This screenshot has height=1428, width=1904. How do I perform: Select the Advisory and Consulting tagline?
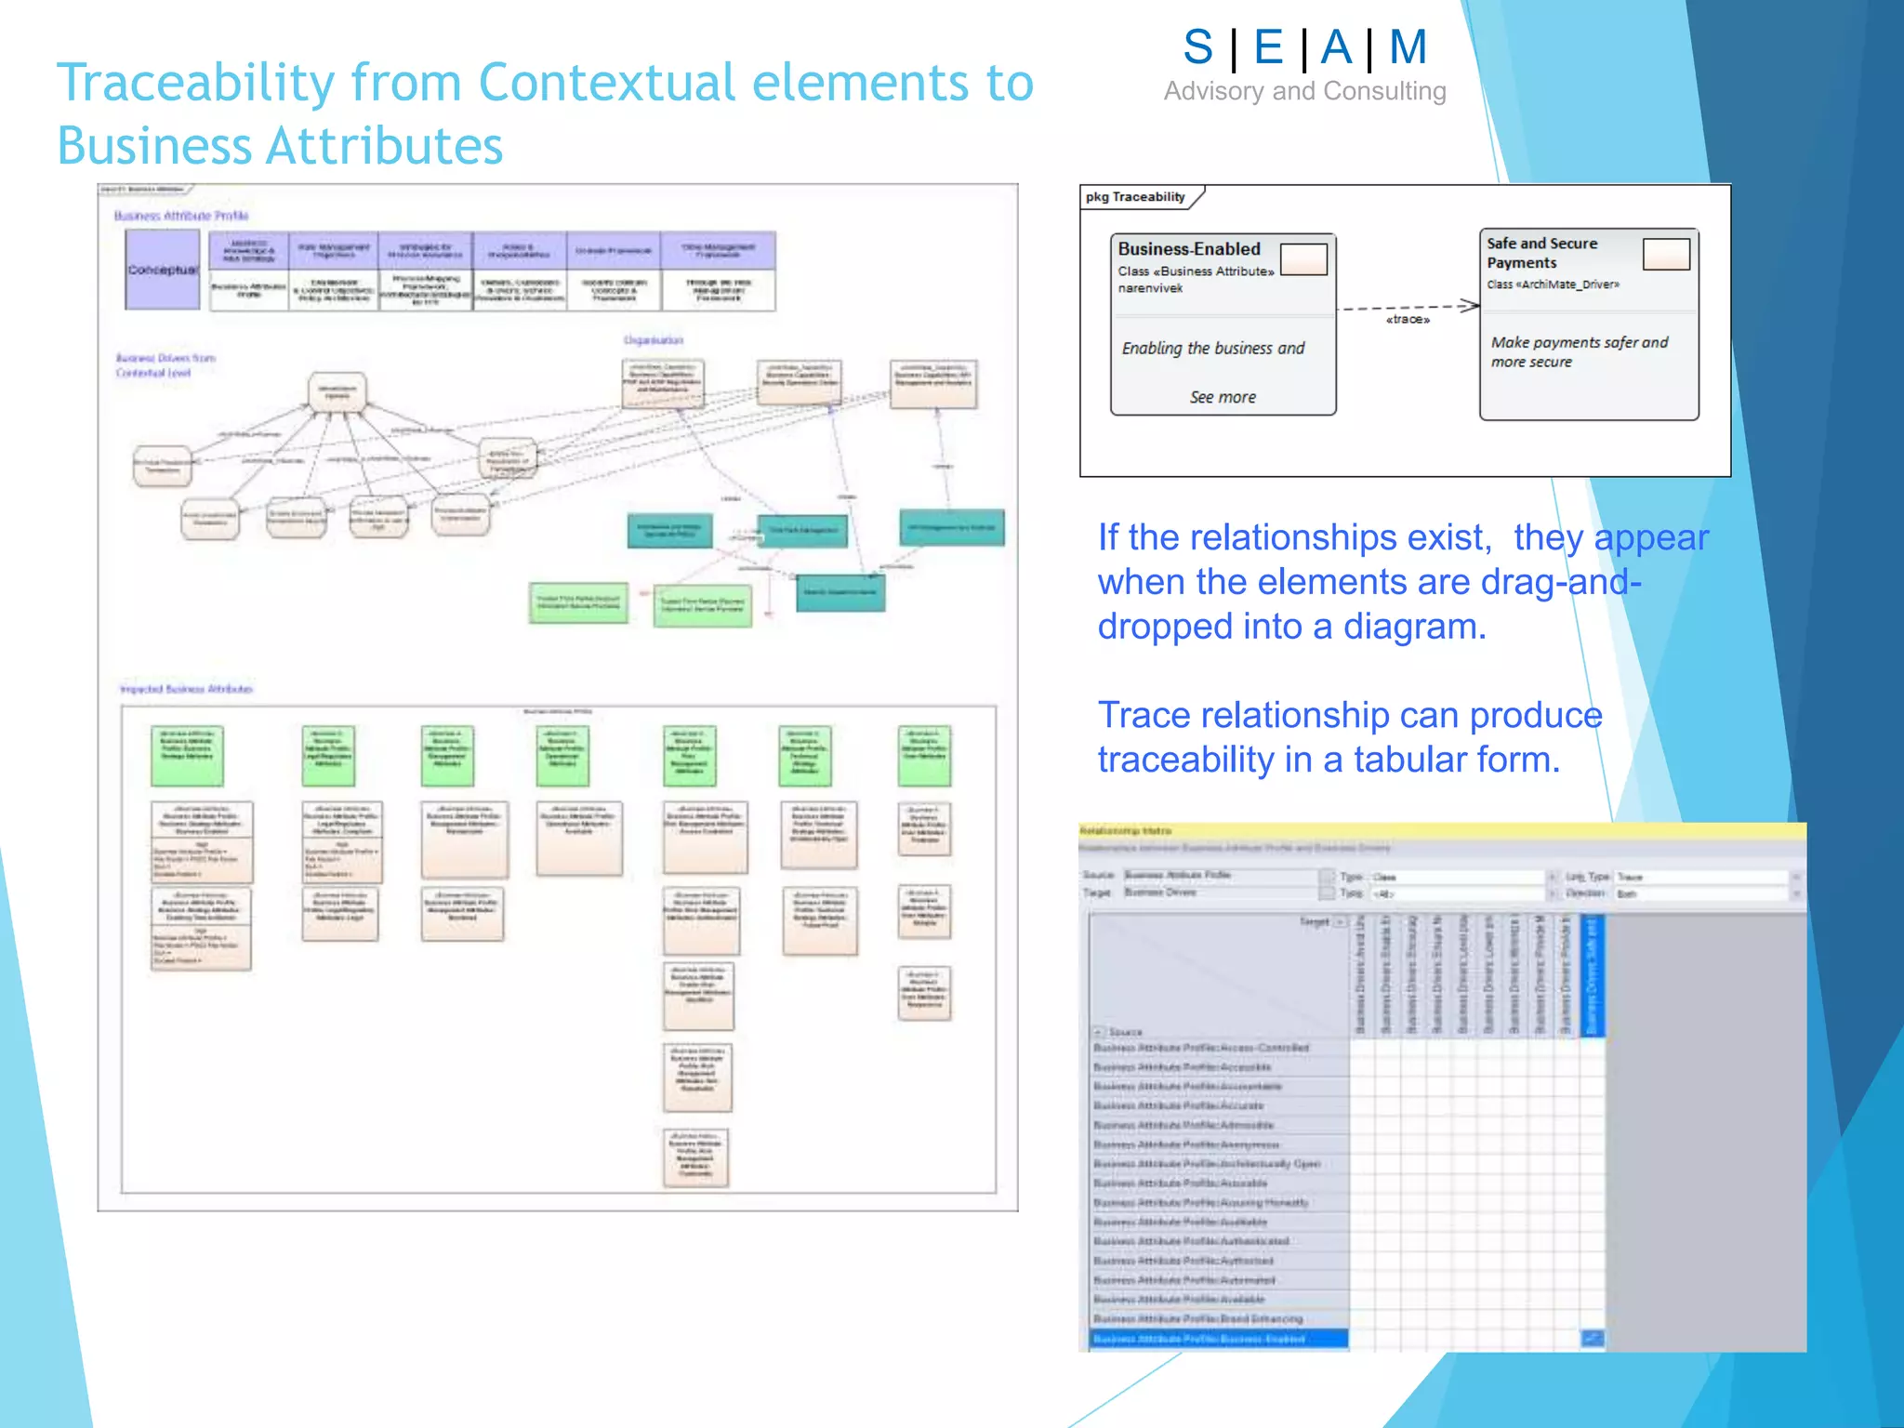click(x=1304, y=91)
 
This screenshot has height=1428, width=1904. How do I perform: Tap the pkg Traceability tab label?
click(x=1135, y=197)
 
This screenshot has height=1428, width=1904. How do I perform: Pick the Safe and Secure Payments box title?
click(x=1540, y=253)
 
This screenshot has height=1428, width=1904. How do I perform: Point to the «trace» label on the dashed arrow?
click(x=1408, y=320)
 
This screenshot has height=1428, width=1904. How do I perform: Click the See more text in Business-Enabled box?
click(x=1223, y=397)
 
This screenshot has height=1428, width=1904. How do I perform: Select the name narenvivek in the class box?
click(x=1150, y=288)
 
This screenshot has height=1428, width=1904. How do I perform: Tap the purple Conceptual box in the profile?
click(x=163, y=270)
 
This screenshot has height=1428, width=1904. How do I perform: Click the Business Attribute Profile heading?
click(x=181, y=216)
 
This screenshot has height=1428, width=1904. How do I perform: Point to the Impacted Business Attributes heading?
click(x=186, y=689)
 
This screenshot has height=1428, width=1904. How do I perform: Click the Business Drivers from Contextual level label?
click(x=165, y=365)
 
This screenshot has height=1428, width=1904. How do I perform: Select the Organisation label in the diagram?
click(x=653, y=340)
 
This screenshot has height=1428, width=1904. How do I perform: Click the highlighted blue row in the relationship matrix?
click(x=1218, y=1339)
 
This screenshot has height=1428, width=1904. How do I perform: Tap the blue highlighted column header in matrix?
click(x=1592, y=976)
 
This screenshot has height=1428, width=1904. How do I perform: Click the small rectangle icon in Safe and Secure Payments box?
click(x=1665, y=254)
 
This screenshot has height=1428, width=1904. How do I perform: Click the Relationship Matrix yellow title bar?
click(x=1441, y=830)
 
